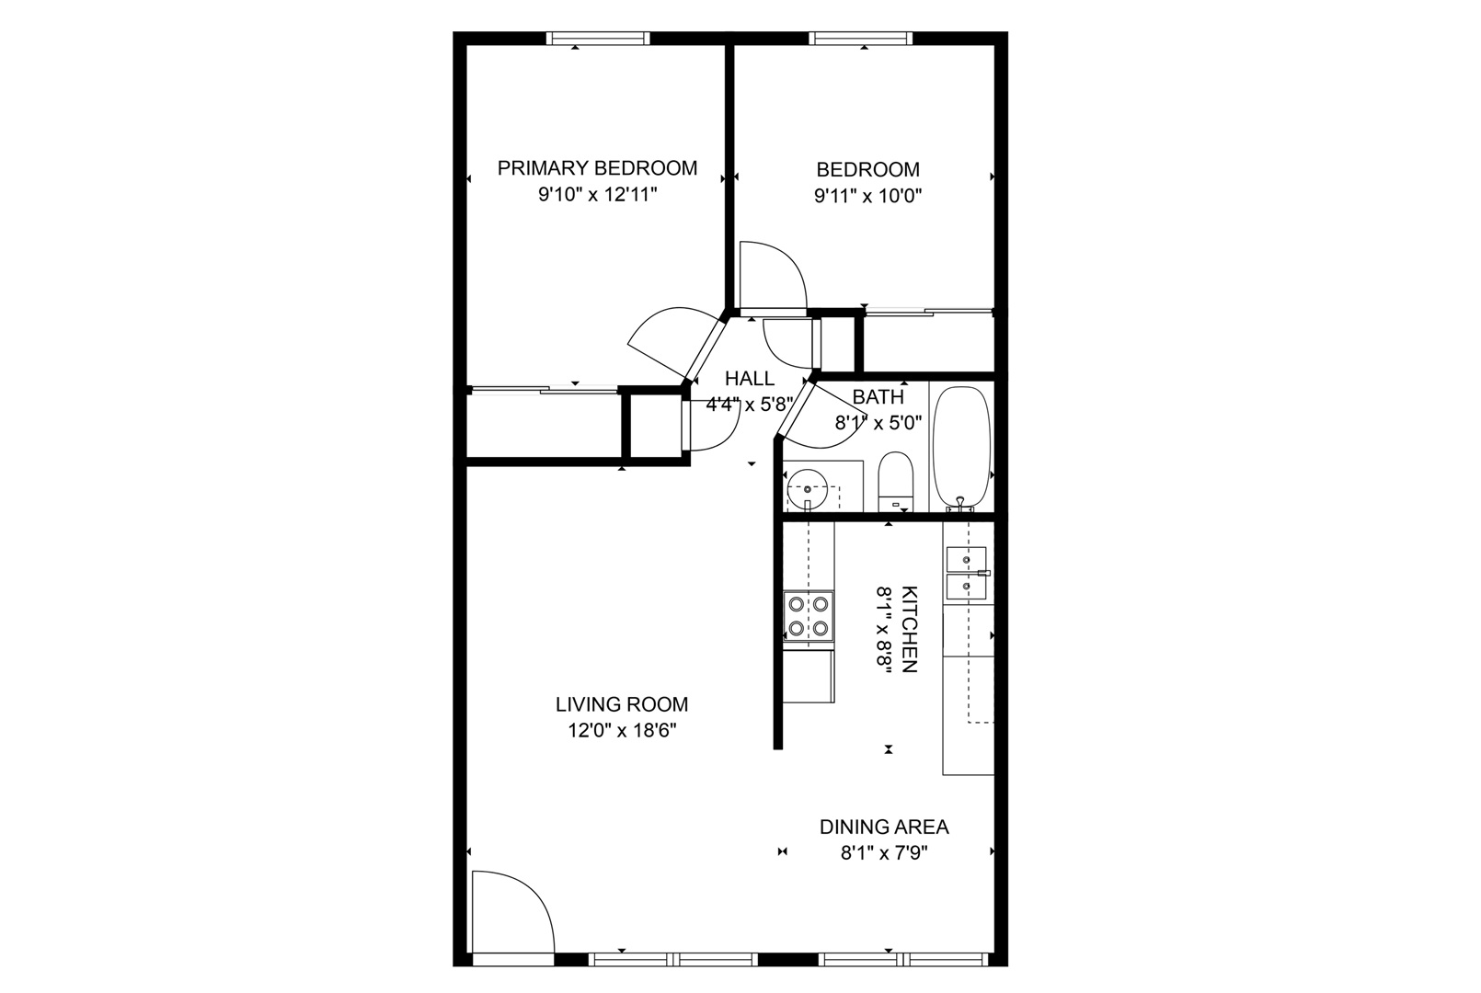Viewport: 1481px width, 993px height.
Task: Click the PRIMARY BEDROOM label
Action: point(597,168)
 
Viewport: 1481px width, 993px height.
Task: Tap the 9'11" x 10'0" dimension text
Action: point(867,196)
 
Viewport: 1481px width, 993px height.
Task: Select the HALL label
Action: point(750,379)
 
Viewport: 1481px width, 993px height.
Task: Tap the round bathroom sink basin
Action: point(807,488)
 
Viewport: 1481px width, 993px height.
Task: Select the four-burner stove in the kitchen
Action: point(809,616)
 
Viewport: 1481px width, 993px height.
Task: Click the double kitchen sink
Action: point(966,573)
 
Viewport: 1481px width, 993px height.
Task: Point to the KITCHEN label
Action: point(910,629)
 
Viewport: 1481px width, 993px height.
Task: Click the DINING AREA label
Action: point(884,827)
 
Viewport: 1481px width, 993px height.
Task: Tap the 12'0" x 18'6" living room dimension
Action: point(622,731)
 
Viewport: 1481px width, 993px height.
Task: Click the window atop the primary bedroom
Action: point(598,39)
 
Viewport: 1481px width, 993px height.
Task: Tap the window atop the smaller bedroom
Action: point(861,39)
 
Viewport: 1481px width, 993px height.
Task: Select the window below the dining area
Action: point(903,959)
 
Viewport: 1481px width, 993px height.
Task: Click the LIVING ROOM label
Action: point(622,704)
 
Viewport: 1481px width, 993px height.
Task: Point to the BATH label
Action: point(878,397)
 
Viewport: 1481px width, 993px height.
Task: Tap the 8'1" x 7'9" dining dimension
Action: point(884,853)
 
